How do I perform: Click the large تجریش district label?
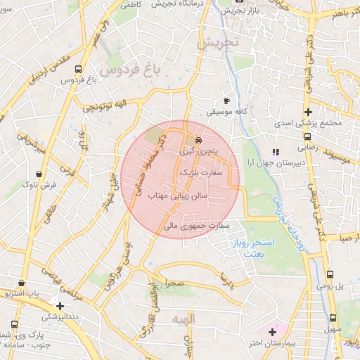(x=218, y=42)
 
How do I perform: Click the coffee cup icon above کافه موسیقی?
(x=226, y=100)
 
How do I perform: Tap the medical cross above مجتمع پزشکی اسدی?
(x=307, y=112)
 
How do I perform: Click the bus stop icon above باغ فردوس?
(x=77, y=69)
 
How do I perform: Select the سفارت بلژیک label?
(x=201, y=171)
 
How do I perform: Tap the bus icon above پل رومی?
(x=330, y=275)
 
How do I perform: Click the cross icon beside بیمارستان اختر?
(x=273, y=331)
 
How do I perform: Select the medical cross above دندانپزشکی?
(x=60, y=306)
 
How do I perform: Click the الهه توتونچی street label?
(x=105, y=105)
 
